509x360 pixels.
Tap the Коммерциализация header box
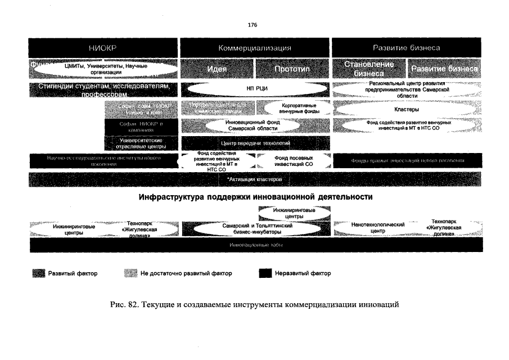point(255,48)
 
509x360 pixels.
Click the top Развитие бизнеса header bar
point(407,48)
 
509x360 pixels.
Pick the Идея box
point(217,69)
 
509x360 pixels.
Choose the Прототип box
point(293,69)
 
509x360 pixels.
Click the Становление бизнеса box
point(369,69)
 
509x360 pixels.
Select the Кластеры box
point(407,109)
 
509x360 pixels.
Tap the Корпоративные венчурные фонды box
point(297,108)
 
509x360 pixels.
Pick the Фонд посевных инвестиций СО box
point(293,161)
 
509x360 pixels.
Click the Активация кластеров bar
point(255,179)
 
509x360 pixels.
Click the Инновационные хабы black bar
point(255,246)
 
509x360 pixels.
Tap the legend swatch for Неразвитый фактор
point(265,273)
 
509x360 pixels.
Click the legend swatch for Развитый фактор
point(38,273)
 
